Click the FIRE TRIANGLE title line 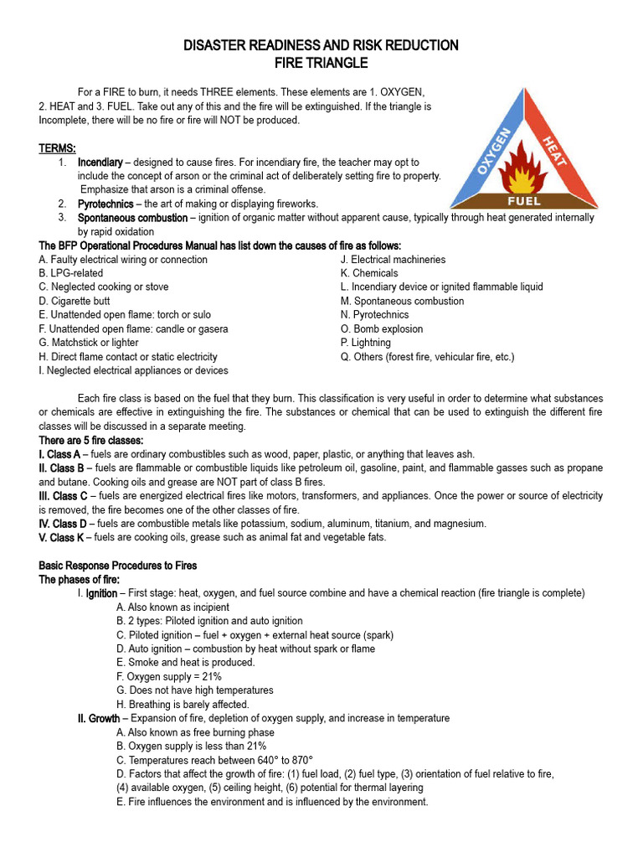click(321, 63)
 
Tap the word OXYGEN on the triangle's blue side click(495, 151)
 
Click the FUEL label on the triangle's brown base click(524, 201)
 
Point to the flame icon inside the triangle click(524, 172)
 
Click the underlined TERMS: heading click(58, 148)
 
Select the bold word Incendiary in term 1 click(100, 162)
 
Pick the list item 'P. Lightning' click(365, 343)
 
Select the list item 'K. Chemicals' click(369, 273)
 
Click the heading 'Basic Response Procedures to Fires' click(118, 566)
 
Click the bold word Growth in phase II click(104, 718)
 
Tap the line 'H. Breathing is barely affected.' click(183, 705)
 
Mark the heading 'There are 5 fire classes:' click(91, 440)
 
